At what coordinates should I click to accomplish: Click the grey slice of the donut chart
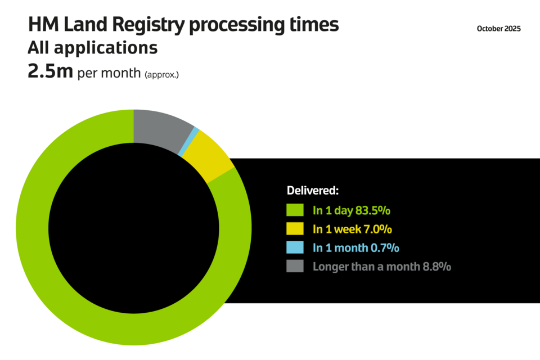(160, 128)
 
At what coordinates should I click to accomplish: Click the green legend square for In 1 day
(295, 210)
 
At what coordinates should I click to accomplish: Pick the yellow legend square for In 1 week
(295, 229)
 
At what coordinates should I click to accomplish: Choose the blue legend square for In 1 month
(295, 247)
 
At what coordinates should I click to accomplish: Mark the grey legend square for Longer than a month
(295, 266)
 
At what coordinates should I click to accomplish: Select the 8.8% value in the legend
(436, 267)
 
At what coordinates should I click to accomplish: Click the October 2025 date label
(498, 29)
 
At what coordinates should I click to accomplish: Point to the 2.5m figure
(51, 73)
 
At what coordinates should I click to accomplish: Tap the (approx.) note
(161, 74)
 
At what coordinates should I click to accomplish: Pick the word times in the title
(315, 25)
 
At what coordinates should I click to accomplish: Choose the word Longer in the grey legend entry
(330, 267)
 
